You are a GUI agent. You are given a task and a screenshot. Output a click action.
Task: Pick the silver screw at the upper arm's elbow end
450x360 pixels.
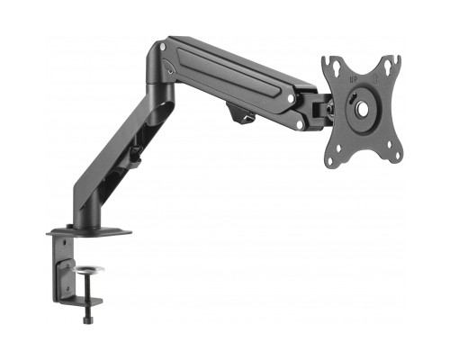click(x=161, y=44)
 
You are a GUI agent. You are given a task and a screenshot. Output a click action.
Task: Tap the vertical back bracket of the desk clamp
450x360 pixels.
click(x=66, y=270)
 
